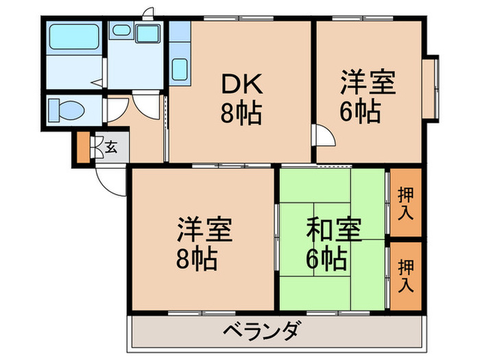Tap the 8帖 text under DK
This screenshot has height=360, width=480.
pyautogui.click(x=240, y=113)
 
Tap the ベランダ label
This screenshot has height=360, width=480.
pyautogui.click(x=261, y=332)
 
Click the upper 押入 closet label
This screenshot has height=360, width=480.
pyautogui.click(x=405, y=204)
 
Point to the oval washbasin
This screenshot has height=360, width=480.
pyautogui.click(x=121, y=30)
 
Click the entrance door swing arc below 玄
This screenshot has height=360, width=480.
pyautogui.click(x=110, y=180)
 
